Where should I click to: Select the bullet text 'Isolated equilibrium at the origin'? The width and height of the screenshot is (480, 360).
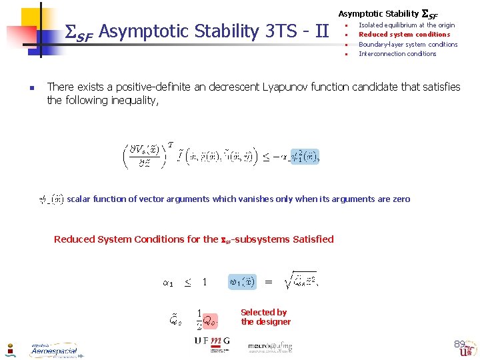(407, 25)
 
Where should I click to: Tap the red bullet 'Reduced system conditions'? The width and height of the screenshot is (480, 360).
(404, 35)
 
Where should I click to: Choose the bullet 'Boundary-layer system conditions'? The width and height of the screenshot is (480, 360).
(408, 45)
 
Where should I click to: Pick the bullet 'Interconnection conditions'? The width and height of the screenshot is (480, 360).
(397, 54)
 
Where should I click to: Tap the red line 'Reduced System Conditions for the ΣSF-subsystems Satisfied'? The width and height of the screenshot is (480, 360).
(193, 239)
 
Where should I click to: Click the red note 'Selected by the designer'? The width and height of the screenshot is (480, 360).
(265, 317)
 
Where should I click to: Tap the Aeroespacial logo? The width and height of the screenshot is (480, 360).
(53, 350)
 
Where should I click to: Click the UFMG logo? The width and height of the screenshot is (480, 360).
(212, 341)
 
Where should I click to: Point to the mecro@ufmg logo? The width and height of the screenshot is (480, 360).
(270, 347)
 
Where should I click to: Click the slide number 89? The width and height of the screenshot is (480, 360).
(459, 344)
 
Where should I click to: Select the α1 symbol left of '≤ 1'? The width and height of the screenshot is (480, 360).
(168, 283)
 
